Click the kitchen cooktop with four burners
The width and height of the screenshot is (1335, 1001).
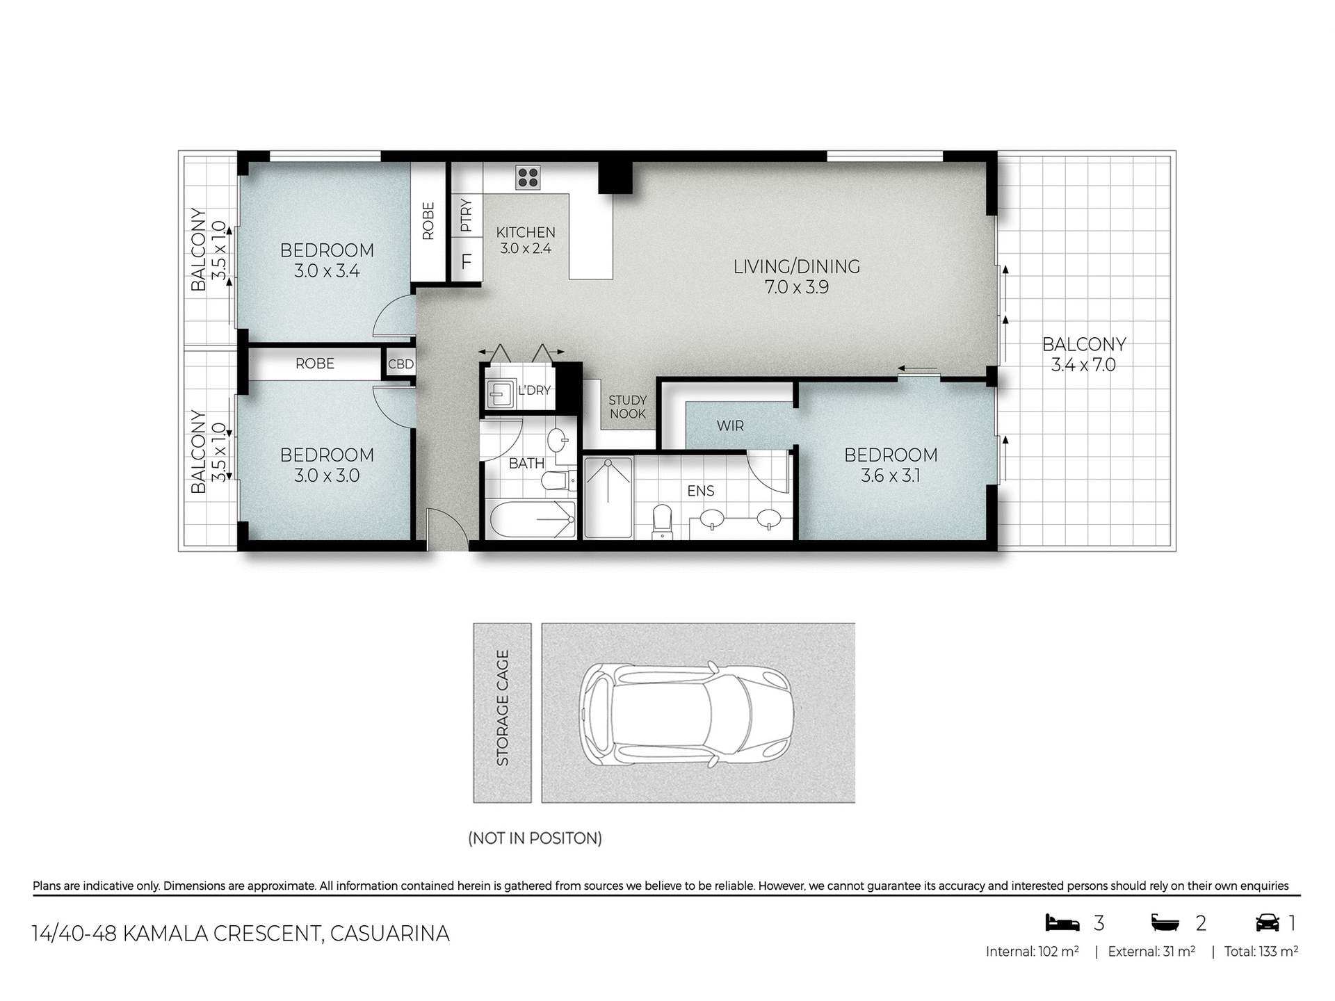click(x=528, y=177)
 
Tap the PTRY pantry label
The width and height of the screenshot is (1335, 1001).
click(x=466, y=215)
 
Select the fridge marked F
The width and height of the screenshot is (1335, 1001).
click(x=467, y=261)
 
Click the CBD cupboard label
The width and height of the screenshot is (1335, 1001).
click(x=400, y=364)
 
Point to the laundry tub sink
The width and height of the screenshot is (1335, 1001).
click(x=500, y=395)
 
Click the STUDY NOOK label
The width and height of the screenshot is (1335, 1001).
click(x=627, y=407)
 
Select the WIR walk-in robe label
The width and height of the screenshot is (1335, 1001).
click(x=730, y=425)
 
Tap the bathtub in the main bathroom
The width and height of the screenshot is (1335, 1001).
click(x=533, y=519)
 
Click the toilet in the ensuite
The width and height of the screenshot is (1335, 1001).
click(x=662, y=521)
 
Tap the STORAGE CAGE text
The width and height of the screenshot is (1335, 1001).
click(x=503, y=708)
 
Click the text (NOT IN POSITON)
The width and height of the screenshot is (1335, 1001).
click(x=535, y=838)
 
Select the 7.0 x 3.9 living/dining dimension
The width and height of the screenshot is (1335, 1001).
click(x=797, y=287)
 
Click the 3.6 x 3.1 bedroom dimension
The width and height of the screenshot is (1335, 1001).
click(x=890, y=476)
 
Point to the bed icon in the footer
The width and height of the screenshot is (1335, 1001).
click(x=1062, y=923)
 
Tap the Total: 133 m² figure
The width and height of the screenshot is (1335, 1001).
click(x=1261, y=952)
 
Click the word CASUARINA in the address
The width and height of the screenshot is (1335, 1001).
click(x=389, y=934)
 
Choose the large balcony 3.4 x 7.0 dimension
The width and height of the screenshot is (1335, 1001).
click(x=1083, y=365)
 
